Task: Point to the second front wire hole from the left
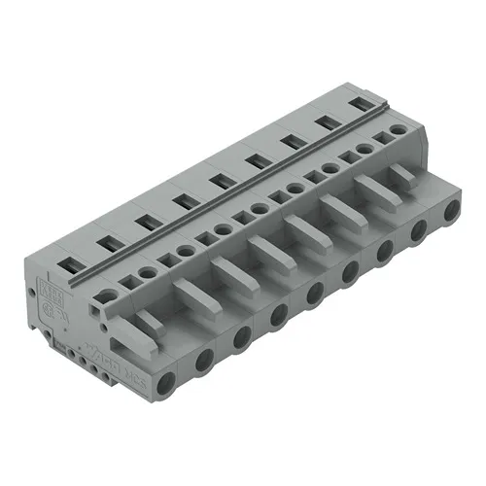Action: (x=203, y=361)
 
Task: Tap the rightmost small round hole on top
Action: (x=398, y=130)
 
